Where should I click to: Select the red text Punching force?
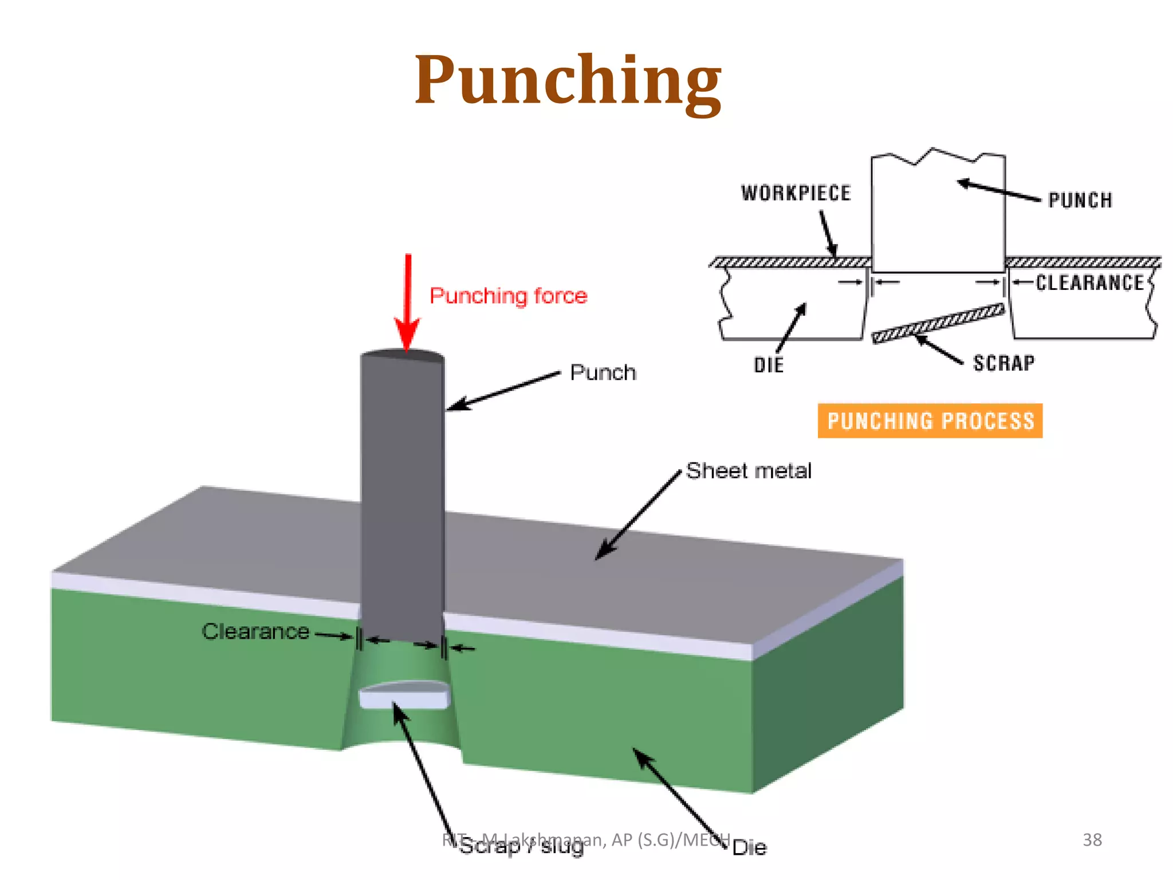(x=508, y=296)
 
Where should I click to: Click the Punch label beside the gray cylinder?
(x=603, y=373)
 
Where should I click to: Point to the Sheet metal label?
(x=748, y=471)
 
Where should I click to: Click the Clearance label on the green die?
(x=255, y=631)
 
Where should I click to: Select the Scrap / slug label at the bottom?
(x=521, y=847)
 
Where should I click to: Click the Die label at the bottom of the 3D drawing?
(x=749, y=848)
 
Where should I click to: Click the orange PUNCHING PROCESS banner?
(x=930, y=421)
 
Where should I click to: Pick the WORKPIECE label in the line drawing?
(x=796, y=194)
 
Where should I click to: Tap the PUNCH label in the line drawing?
(x=1080, y=201)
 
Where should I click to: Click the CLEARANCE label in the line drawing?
(x=1089, y=283)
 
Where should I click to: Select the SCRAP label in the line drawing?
(x=1004, y=363)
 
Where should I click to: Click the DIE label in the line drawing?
(x=768, y=366)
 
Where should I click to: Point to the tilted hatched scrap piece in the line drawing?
(x=938, y=324)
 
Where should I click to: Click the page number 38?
(x=1092, y=840)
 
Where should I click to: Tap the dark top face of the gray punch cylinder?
(x=403, y=356)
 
